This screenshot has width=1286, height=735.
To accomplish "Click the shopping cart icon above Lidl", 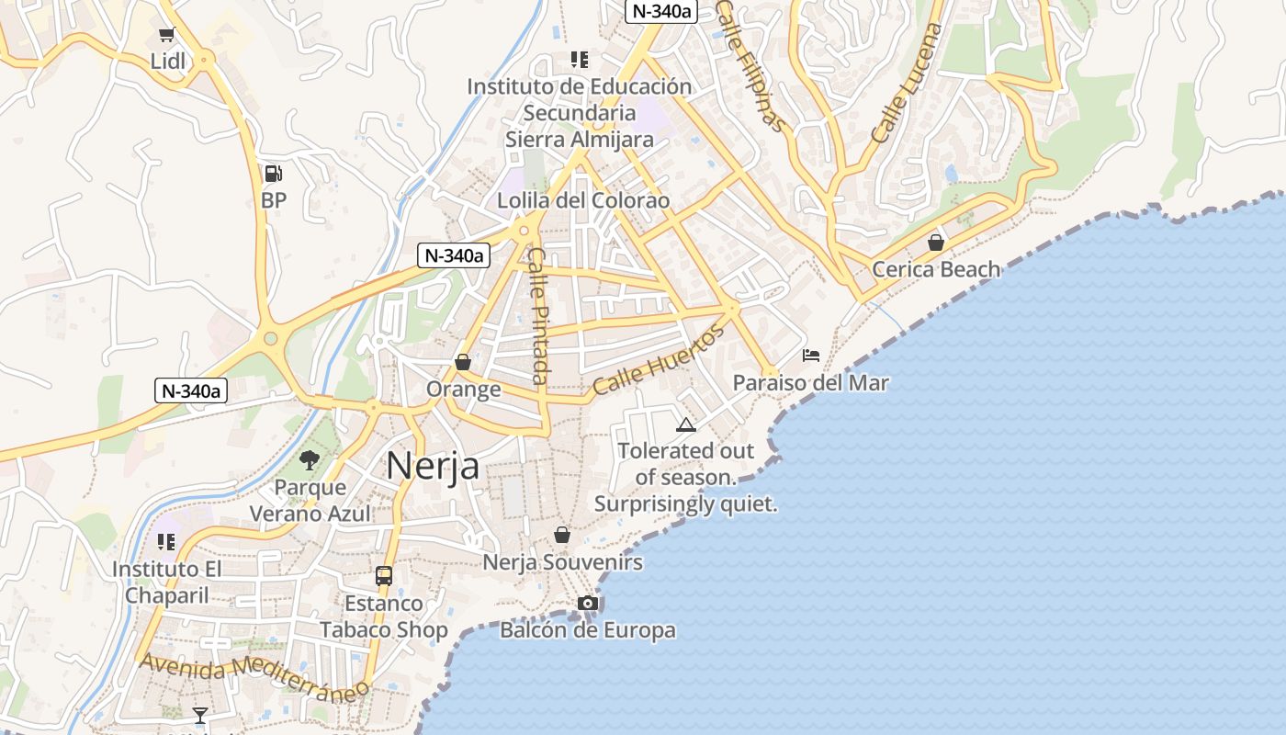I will (x=166, y=35).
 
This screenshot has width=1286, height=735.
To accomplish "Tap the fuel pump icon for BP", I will (x=273, y=173).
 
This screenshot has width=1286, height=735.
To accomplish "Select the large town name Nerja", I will (x=433, y=466).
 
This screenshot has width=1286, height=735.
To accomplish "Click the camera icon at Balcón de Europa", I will (x=588, y=603).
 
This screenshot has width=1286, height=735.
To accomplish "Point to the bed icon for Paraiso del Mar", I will (x=810, y=356).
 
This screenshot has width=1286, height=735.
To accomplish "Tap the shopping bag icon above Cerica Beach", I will (x=935, y=243).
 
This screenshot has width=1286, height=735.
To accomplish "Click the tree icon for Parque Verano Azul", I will (x=310, y=460).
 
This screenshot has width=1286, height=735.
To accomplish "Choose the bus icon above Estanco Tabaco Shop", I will (x=384, y=576).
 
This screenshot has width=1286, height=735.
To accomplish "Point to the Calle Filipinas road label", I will (x=750, y=64).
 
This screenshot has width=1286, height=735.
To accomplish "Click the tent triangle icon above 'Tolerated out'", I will (x=685, y=424).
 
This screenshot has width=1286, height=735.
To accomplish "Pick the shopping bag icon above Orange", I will (x=463, y=362).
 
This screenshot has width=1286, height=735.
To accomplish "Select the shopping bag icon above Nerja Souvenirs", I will (x=562, y=535).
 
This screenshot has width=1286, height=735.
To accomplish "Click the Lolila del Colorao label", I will (x=583, y=200).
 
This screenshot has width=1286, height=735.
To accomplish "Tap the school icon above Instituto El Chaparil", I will (x=166, y=542).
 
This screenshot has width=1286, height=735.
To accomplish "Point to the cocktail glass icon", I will (x=200, y=715).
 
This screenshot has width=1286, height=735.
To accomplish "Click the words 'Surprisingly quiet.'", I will (x=685, y=504).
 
